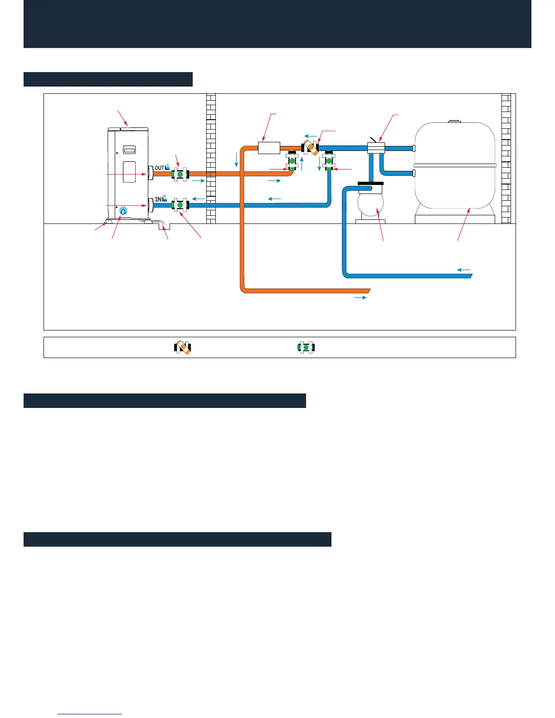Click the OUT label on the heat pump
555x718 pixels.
[x=160, y=168]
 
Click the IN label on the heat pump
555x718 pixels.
[x=158, y=199]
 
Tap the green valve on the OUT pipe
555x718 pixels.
[x=180, y=174]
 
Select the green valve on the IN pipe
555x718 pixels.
[x=180, y=205]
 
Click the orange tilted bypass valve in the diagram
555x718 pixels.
[x=311, y=147]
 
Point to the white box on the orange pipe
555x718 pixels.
[x=269, y=148]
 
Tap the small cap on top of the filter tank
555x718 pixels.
[x=454, y=121]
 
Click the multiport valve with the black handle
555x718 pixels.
[x=375, y=147]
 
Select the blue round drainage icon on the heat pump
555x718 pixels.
[x=123, y=211]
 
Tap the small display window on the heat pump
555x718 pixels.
[x=130, y=150]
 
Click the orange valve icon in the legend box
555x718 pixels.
[x=183, y=348]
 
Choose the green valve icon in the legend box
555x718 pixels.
[x=306, y=348]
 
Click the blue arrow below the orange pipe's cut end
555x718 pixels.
[x=360, y=298]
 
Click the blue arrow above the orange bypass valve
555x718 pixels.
[x=311, y=136]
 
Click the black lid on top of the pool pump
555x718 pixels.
[x=370, y=184]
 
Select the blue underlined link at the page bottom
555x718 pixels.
[x=90, y=714]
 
